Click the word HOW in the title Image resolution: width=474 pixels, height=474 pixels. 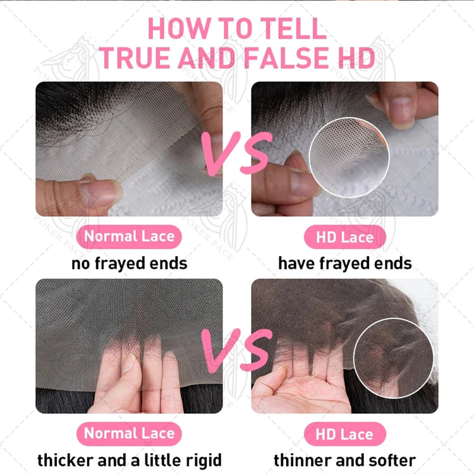(x=179, y=28)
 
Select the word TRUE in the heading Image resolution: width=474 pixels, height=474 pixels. (x=135, y=58)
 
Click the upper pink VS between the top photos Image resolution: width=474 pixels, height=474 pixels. (x=237, y=154)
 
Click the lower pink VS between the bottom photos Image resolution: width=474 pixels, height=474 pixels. (x=237, y=350)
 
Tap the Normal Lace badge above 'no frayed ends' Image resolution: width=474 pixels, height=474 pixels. (x=129, y=236)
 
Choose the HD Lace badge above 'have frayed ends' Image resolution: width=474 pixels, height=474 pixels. (x=344, y=237)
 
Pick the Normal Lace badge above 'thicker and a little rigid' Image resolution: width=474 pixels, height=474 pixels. (x=129, y=434)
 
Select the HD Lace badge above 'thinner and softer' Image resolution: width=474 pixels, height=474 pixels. (x=344, y=434)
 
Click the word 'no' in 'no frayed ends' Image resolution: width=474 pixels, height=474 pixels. (x=81, y=264)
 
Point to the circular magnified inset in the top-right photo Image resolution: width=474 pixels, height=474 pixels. (x=349, y=157)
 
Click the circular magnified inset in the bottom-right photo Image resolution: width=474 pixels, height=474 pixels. (x=394, y=358)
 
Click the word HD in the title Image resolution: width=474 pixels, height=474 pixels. (x=356, y=58)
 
